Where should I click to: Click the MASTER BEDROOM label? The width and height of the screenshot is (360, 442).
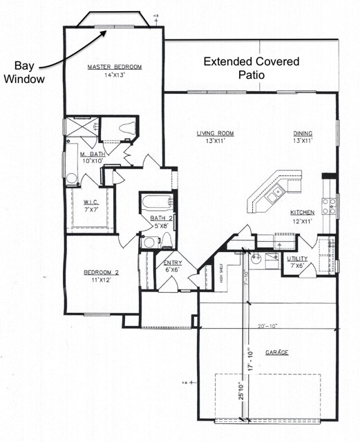tap(114, 67)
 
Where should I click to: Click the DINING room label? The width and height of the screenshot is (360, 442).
tap(303, 133)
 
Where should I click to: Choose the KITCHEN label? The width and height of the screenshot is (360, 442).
tap(303, 212)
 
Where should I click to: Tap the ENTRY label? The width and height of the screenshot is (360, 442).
tap(172, 263)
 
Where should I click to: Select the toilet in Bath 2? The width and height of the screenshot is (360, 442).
tap(166, 240)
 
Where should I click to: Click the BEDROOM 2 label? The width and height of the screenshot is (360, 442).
tap(101, 272)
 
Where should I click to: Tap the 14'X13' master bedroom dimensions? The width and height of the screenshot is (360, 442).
tap(114, 75)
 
